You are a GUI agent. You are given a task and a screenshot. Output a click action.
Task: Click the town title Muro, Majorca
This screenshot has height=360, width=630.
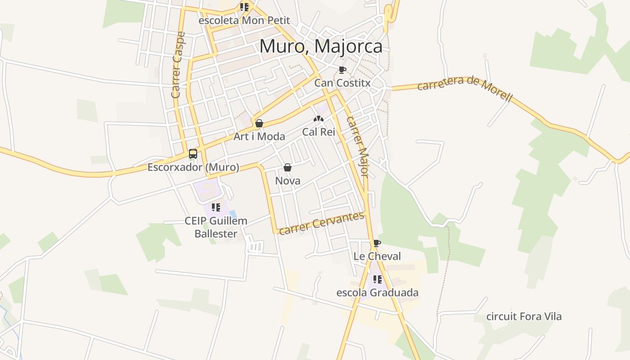pos(321,46)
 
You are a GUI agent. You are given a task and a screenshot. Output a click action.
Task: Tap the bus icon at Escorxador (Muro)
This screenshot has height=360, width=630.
pos(193,154)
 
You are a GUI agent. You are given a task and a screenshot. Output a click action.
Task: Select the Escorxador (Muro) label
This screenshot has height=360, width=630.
pos(193,167)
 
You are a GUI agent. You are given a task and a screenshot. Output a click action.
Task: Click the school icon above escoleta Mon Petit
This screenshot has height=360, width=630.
pos(244,7)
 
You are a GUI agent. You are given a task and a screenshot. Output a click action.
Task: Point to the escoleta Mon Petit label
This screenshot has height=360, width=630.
pos(244,21)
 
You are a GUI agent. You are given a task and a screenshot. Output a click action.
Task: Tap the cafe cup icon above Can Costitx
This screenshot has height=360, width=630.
pos(342,70)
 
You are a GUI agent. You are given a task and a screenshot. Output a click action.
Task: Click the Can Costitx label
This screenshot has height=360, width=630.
pos(342,83)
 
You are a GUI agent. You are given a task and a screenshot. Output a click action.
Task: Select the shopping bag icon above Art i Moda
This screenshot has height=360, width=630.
pos(259,123)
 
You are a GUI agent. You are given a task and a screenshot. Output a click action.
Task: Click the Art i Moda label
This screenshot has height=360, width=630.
pos(259,136)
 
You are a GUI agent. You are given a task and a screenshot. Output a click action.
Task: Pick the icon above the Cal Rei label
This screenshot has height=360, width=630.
pos(319,119)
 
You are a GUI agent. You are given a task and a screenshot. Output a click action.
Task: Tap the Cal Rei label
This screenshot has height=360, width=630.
pos(319,132)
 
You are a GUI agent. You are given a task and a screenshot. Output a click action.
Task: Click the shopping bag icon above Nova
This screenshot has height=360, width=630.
pos(288,168)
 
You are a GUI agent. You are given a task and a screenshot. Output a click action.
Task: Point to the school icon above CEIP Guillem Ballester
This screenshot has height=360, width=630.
pos(216,207)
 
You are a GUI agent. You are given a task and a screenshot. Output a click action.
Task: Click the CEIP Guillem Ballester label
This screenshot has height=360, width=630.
pos(216,227)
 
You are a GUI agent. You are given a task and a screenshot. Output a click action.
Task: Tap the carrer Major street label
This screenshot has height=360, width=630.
pos(358,147)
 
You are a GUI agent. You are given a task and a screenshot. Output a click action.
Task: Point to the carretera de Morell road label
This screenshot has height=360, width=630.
pos(464,89)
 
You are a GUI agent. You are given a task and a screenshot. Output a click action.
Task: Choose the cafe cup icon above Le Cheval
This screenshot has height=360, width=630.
pos(377,243)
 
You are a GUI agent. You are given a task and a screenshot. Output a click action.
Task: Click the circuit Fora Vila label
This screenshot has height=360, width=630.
pos(524,316)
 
